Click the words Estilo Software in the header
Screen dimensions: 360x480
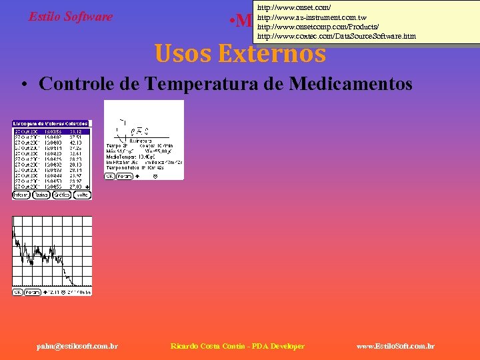(71, 17)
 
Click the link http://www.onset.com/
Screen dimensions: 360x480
(293, 7)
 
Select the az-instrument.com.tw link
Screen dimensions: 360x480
(311, 17)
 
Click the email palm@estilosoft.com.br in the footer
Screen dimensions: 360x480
(78, 346)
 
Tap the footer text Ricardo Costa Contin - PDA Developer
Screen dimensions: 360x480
(237, 346)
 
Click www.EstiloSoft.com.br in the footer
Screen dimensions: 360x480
(396, 346)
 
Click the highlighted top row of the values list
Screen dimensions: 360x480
(51, 131)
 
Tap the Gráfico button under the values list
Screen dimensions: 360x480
(62, 195)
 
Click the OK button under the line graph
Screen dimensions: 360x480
(17, 292)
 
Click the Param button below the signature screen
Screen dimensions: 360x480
(124, 176)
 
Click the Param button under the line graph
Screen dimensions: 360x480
(33, 292)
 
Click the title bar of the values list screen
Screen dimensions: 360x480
(51, 124)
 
